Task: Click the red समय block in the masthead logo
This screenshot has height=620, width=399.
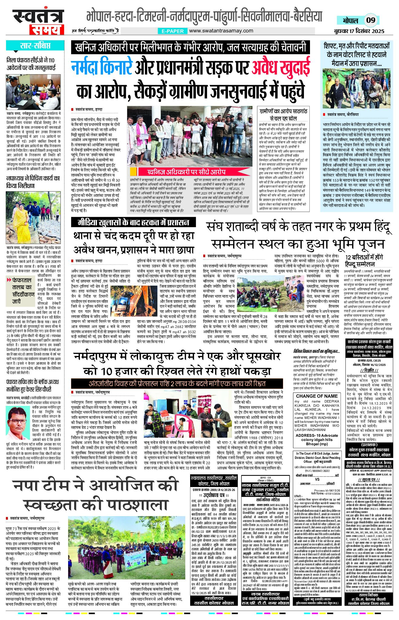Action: pos(47,29)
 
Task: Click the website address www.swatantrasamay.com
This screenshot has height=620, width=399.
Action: pos(221,31)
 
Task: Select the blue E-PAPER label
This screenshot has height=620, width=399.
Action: pos(173,31)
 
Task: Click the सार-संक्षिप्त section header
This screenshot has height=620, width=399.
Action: pos(35,46)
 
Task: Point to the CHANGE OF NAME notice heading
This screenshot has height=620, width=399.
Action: pos(317,396)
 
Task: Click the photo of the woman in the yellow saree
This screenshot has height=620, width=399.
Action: pos(33,217)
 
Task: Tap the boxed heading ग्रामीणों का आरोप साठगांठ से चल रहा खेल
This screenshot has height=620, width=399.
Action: pos(283,114)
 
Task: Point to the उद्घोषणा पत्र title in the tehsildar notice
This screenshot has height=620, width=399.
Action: pos(214,495)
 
